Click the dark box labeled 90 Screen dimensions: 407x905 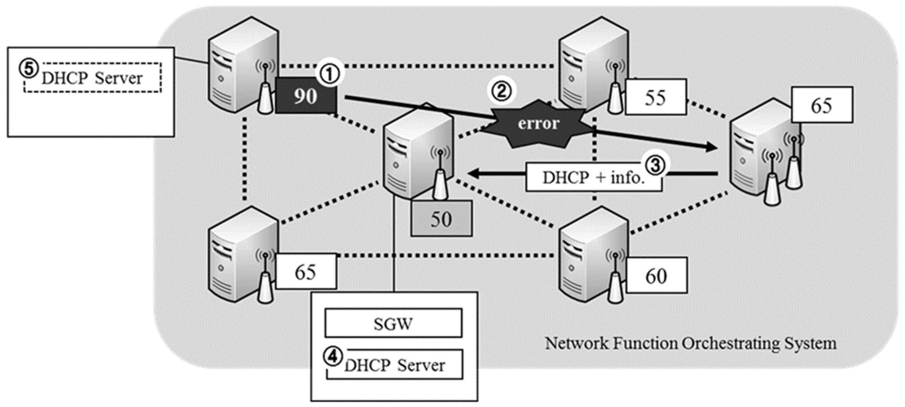[306, 96]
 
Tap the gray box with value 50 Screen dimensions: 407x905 [441, 219]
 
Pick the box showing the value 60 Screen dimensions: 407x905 [656, 276]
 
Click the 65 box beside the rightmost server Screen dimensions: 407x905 [821, 105]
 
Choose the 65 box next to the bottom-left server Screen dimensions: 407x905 [305, 272]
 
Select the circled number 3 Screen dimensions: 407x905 [656, 165]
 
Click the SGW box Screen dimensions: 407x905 [393, 323]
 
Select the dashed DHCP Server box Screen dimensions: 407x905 [92, 78]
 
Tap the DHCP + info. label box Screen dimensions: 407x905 [594, 178]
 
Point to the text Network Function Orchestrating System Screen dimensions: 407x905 [690, 343]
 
